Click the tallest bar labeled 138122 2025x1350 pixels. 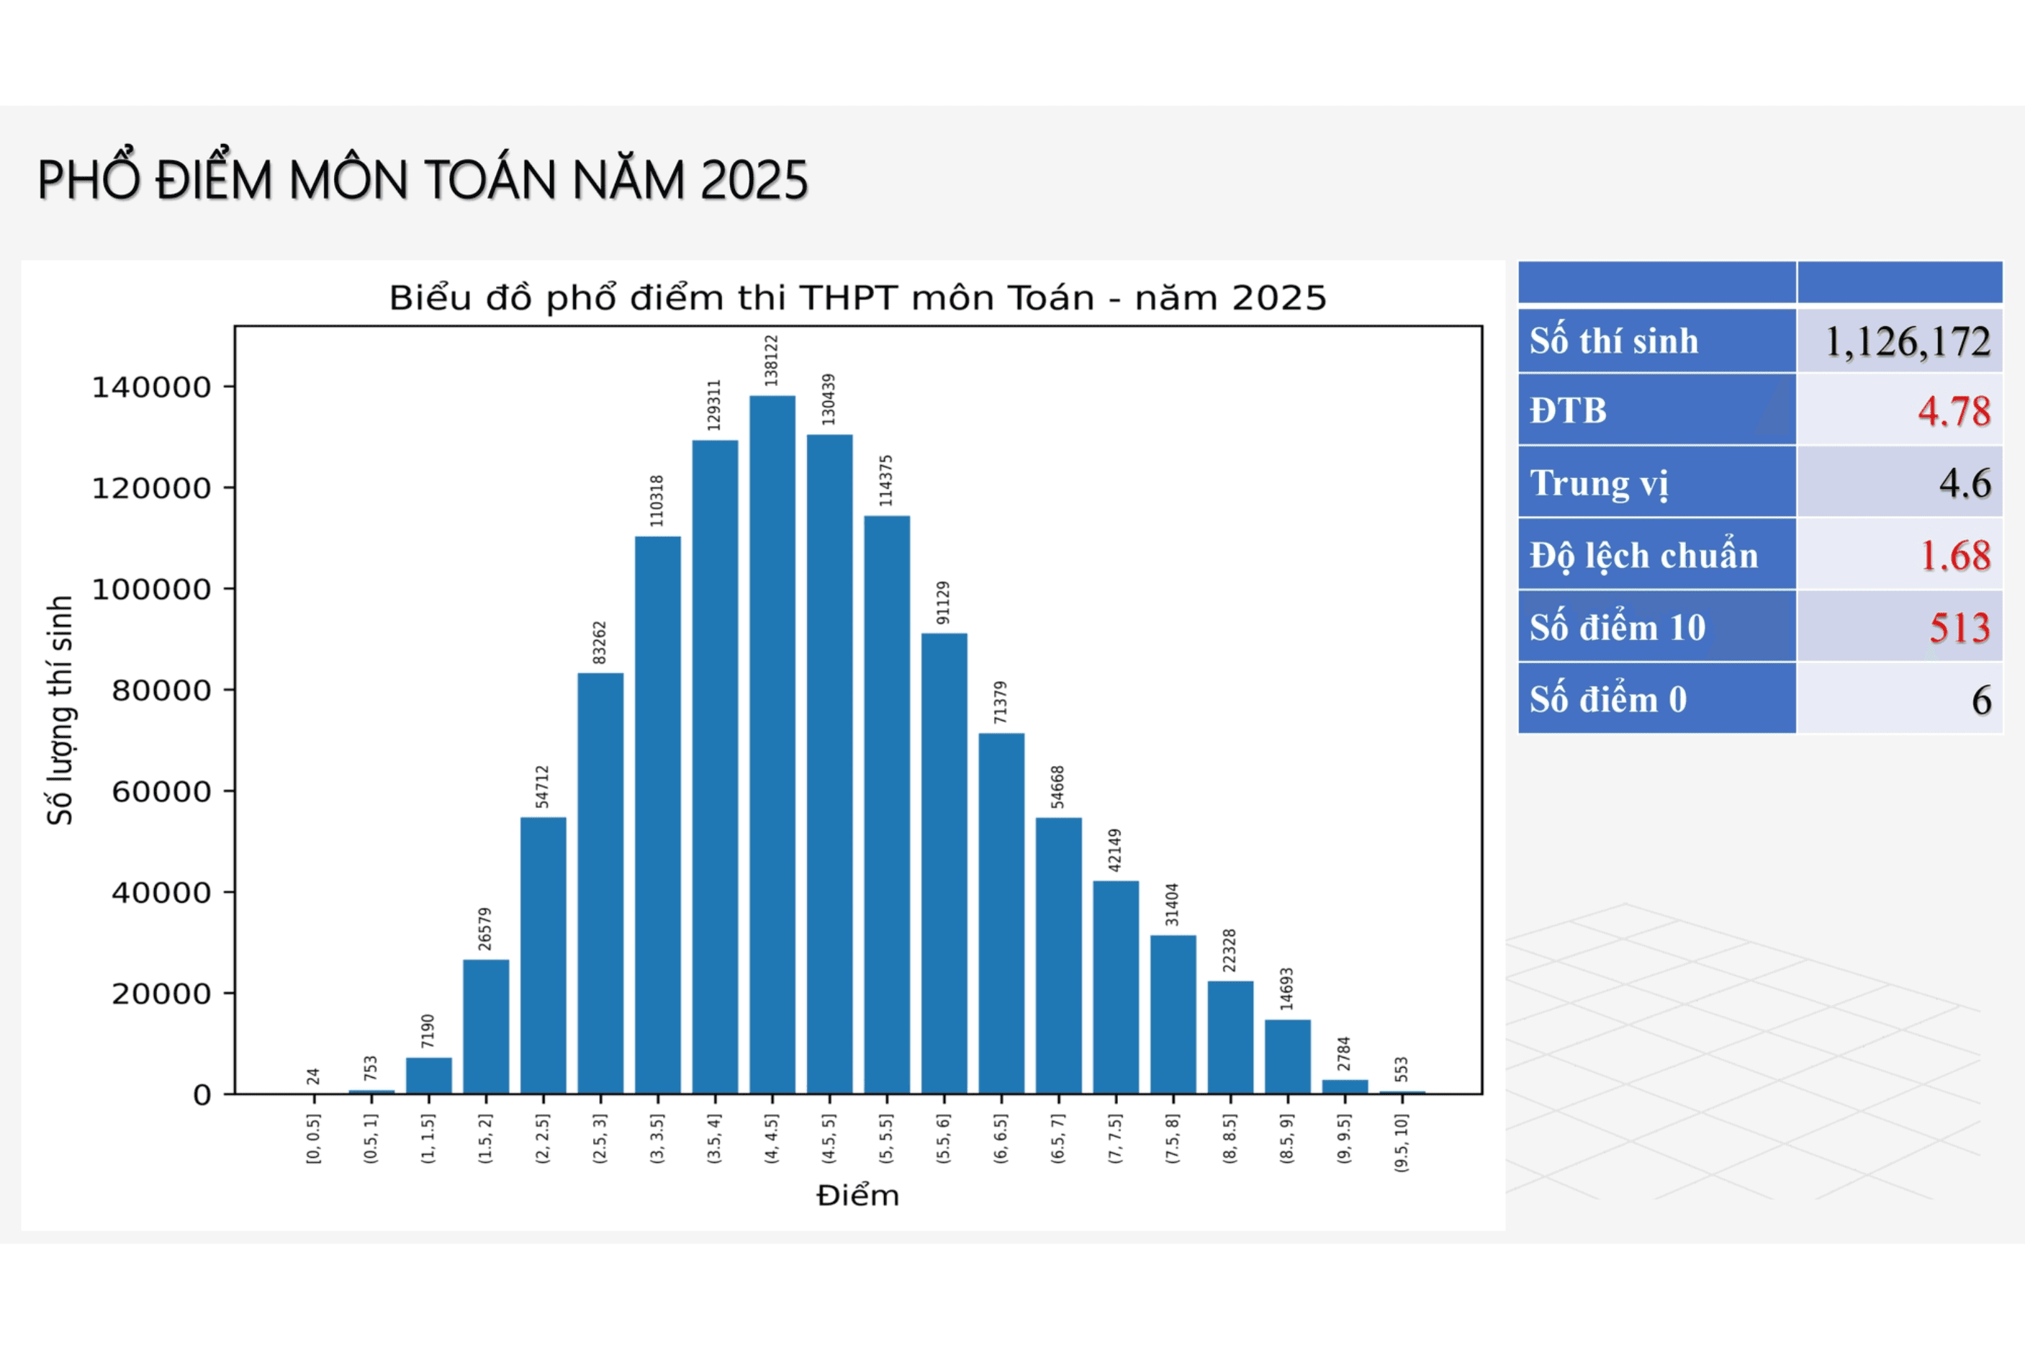pyautogui.click(x=772, y=744)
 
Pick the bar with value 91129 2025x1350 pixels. pyautogui.click(x=944, y=863)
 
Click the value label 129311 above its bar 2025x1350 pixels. pyautogui.click(x=714, y=405)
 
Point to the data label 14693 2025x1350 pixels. pyautogui.click(x=1286, y=989)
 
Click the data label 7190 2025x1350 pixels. pyautogui.click(x=428, y=1032)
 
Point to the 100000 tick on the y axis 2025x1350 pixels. pyautogui.click(x=151, y=590)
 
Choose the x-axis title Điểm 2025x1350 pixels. pyautogui.click(x=857, y=1196)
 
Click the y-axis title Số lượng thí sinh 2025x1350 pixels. pyautogui.click(x=60, y=711)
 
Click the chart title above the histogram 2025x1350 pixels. pyautogui.click(x=857, y=298)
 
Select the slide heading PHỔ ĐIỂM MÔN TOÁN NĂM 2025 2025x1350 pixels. pyautogui.click(x=423, y=181)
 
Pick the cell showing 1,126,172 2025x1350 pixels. pyautogui.click(x=1906, y=342)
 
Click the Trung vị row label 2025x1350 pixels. pyautogui.click(x=1599, y=484)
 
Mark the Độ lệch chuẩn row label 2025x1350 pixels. pyautogui.click(x=1643, y=556)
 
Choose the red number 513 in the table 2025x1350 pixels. pyautogui.click(x=1959, y=628)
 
